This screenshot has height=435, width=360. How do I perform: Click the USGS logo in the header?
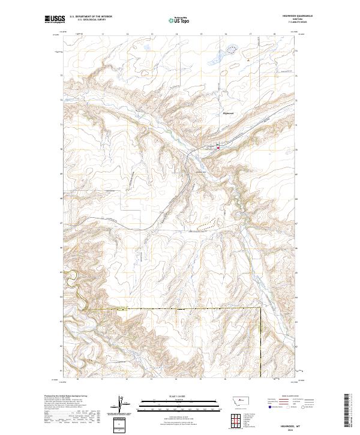coord(54,20)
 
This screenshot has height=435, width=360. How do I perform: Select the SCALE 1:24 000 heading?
coord(172,396)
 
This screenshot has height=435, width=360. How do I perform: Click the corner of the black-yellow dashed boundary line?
coord(261,308)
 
